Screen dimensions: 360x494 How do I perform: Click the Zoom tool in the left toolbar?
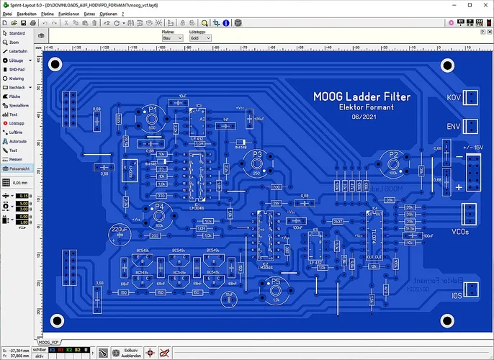pos(14,42)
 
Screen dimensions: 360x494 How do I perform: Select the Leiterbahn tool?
pos(17,51)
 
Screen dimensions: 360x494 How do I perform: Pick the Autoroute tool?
pos(17,141)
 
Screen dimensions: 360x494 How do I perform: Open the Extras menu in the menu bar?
pos(89,14)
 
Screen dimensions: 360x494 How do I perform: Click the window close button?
pos(485,5)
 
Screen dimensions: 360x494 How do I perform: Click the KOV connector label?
pos(454,97)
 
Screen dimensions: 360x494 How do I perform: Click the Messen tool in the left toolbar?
pos(16,158)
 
